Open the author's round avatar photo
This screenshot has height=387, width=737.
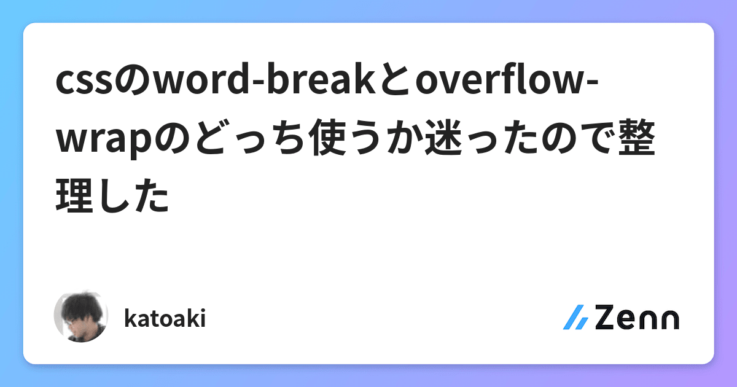point(81,316)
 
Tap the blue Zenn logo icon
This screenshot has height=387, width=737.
point(575,318)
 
